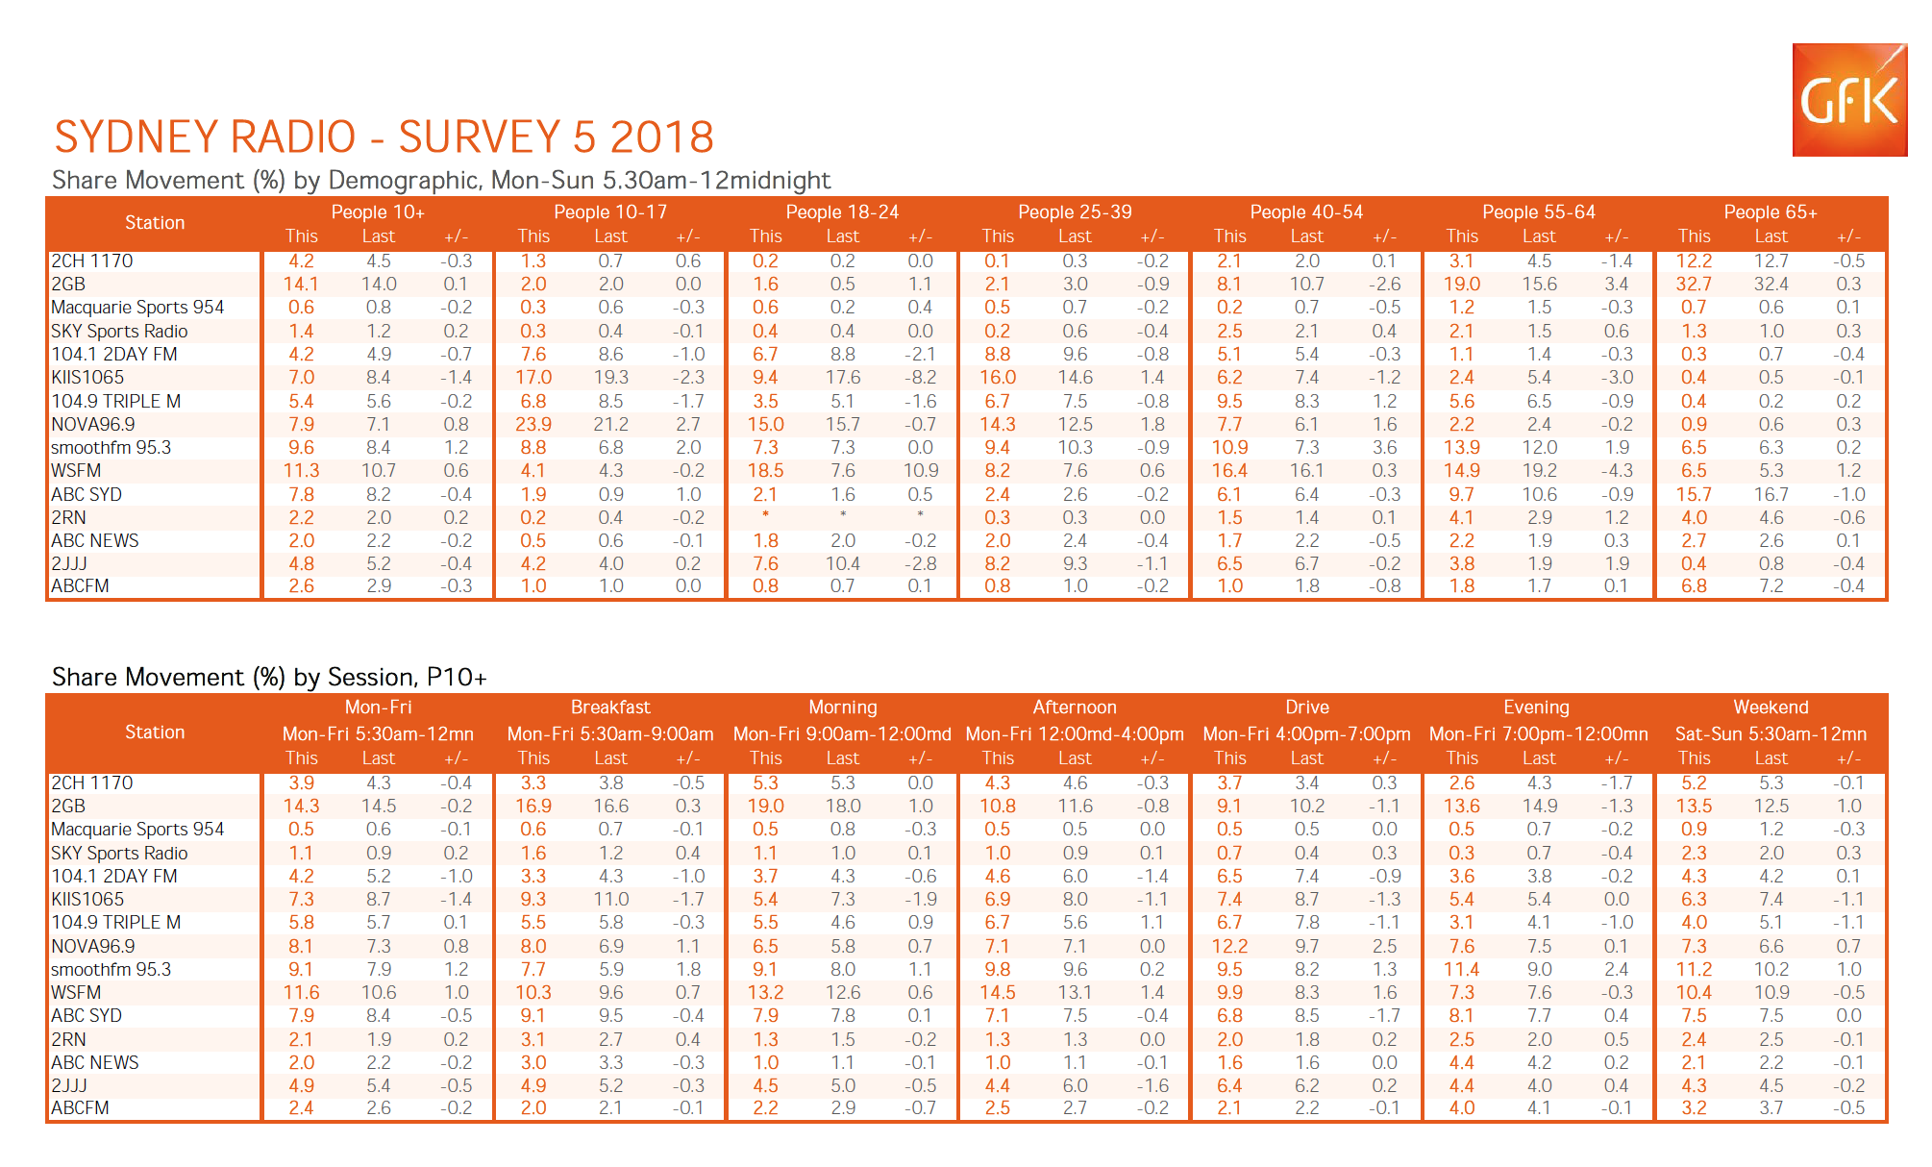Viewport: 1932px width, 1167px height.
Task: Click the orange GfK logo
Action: coord(1849,99)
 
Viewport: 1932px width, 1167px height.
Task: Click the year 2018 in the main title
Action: coord(662,137)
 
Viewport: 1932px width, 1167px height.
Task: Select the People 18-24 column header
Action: coord(842,212)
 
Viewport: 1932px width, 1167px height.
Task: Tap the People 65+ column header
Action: coord(1771,212)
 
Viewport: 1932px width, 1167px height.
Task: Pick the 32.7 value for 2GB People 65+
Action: coord(1694,285)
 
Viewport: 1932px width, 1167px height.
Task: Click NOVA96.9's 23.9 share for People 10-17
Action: coord(533,425)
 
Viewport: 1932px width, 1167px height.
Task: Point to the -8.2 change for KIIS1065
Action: coord(920,378)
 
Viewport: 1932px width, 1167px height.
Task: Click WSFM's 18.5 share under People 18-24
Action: coord(766,471)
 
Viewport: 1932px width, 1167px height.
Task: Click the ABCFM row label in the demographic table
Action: coord(81,586)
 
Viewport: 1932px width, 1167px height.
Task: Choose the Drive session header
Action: coord(1307,708)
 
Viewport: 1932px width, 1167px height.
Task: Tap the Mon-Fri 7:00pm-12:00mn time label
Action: coord(1538,734)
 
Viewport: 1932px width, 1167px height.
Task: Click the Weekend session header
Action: coord(1771,708)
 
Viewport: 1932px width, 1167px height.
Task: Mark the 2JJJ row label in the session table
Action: coord(69,1086)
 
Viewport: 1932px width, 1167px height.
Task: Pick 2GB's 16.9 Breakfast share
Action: coord(533,807)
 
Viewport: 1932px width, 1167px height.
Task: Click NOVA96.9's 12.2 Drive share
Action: coord(1229,947)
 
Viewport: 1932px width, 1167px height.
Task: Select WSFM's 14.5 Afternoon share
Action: coord(998,993)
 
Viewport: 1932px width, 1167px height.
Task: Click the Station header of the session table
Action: coord(155,732)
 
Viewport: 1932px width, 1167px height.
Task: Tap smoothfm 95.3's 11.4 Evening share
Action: coord(1462,970)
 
